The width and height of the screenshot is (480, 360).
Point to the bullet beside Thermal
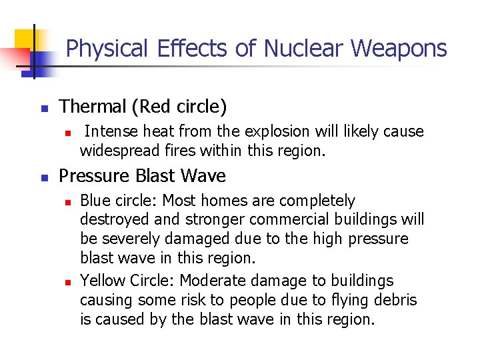click(x=45, y=108)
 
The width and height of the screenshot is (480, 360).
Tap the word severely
click(x=131, y=239)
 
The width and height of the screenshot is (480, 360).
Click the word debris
click(x=397, y=300)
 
